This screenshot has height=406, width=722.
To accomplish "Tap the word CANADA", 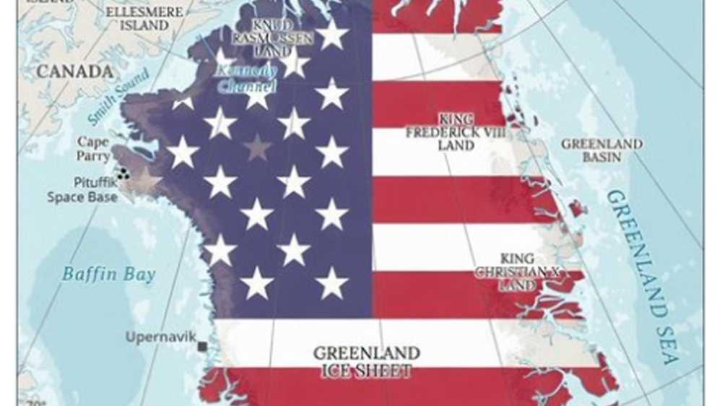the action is click(75, 72).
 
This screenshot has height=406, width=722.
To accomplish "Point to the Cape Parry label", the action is click(93, 148).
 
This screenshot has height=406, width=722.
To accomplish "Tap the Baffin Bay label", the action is click(108, 275).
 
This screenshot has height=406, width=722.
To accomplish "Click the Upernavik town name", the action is click(160, 337).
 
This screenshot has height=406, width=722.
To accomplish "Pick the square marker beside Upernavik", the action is click(202, 347).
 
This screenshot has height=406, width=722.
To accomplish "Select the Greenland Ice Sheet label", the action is click(366, 362).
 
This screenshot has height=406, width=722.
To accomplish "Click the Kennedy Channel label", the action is click(245, 79).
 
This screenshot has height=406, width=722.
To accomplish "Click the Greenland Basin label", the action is click(601, 150).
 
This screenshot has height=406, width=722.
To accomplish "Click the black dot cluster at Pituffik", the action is click(123, 173).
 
